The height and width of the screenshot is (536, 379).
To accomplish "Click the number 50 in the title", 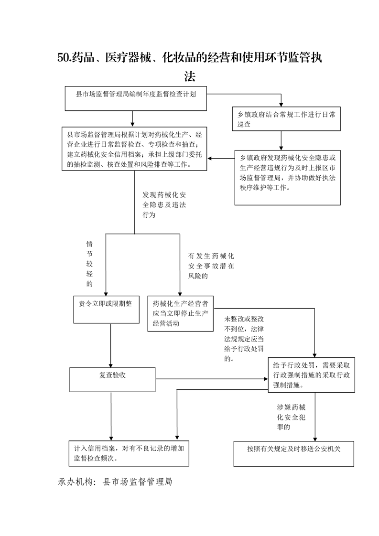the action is tap(63, 58).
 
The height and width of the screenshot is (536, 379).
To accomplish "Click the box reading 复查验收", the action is tap(112, 379).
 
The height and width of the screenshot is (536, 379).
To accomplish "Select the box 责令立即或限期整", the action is tap(107, 310).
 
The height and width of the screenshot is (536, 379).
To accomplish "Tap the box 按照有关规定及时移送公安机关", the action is tap(294, 454).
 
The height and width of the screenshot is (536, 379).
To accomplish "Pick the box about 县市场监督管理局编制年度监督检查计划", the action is tap(136, 98).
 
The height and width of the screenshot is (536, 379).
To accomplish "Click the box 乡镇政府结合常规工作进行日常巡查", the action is tap(286, 118).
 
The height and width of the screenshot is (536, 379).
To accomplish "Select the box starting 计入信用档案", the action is tap(129, 453).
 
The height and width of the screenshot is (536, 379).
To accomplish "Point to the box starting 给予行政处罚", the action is tap(312, 375).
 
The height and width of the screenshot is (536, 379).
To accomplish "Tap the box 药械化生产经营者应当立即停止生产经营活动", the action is tap(181, 313).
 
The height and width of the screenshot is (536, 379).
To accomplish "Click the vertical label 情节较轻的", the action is tap(90, 264).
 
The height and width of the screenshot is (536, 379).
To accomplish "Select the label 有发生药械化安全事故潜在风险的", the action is tap(211, 266).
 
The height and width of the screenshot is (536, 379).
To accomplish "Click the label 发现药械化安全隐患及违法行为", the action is tap(164, 205).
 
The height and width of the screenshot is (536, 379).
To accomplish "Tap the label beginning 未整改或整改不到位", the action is tap(244, 339).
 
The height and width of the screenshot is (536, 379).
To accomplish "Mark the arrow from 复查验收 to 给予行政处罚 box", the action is tap(212, 379).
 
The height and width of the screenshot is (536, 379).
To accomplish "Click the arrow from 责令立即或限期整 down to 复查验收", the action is tap(111, 345).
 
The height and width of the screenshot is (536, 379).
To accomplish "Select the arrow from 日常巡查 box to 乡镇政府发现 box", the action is tap(281, 140).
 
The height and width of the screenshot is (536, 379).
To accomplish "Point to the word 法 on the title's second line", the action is tap(190, 76).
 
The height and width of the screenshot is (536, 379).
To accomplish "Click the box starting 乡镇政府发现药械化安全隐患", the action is tap(287, 178).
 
